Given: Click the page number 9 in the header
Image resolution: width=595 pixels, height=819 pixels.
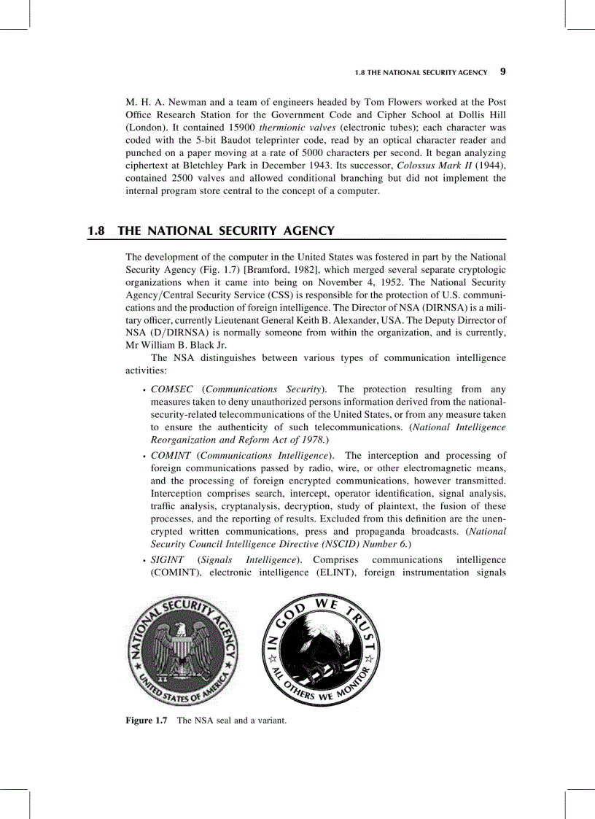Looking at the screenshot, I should (x=503, y=72).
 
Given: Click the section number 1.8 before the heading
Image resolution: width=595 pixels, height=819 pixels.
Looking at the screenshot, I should (x=96, y=231).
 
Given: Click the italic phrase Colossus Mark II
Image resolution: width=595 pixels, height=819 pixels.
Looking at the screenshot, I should (x=427, y=166).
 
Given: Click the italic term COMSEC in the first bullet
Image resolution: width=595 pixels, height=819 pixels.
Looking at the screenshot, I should (x=172, y=389).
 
